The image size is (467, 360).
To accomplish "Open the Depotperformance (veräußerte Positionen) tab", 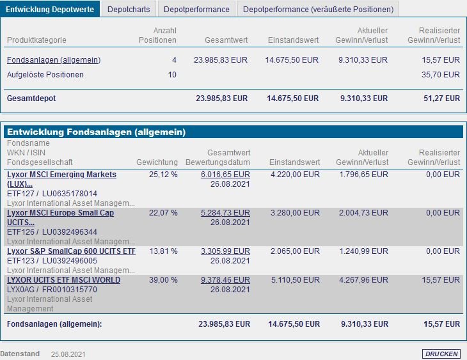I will (x=318, y=10).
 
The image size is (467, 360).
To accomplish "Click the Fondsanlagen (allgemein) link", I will (x=54, y=60).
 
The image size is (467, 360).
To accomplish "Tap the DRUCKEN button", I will (x=441, y=354).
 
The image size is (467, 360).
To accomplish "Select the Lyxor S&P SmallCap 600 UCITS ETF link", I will (x=71, y=251).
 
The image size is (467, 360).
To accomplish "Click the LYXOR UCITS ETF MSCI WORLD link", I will (x=63, y=280).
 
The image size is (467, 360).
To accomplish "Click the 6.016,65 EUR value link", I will (x=225, y=175).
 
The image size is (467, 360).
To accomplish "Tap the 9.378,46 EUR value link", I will (x=225, y=280).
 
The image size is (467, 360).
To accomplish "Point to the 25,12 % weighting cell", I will (x=163, y=175).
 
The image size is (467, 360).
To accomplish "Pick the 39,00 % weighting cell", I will (x=163, y=280).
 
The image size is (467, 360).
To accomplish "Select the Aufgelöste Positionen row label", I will (x=45, y=75).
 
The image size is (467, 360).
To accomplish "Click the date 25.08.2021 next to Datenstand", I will (x=68, y=354).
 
